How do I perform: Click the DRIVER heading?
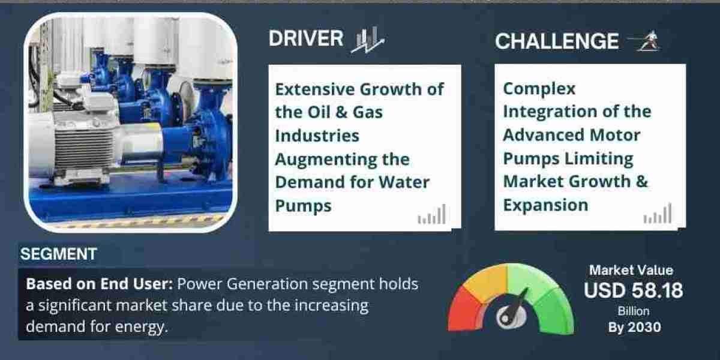pos(306,38)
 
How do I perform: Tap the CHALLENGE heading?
pos(556,41)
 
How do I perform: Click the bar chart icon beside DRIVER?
pos(367,40)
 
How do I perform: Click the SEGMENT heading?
pos(58,254)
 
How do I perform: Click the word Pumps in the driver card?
pos(303,205)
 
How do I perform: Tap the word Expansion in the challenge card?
pos(545,205)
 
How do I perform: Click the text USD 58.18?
pos(633,291)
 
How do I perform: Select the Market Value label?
pos(631,271)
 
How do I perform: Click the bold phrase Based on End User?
pos(99,284)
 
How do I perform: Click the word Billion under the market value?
pos(633,311)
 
